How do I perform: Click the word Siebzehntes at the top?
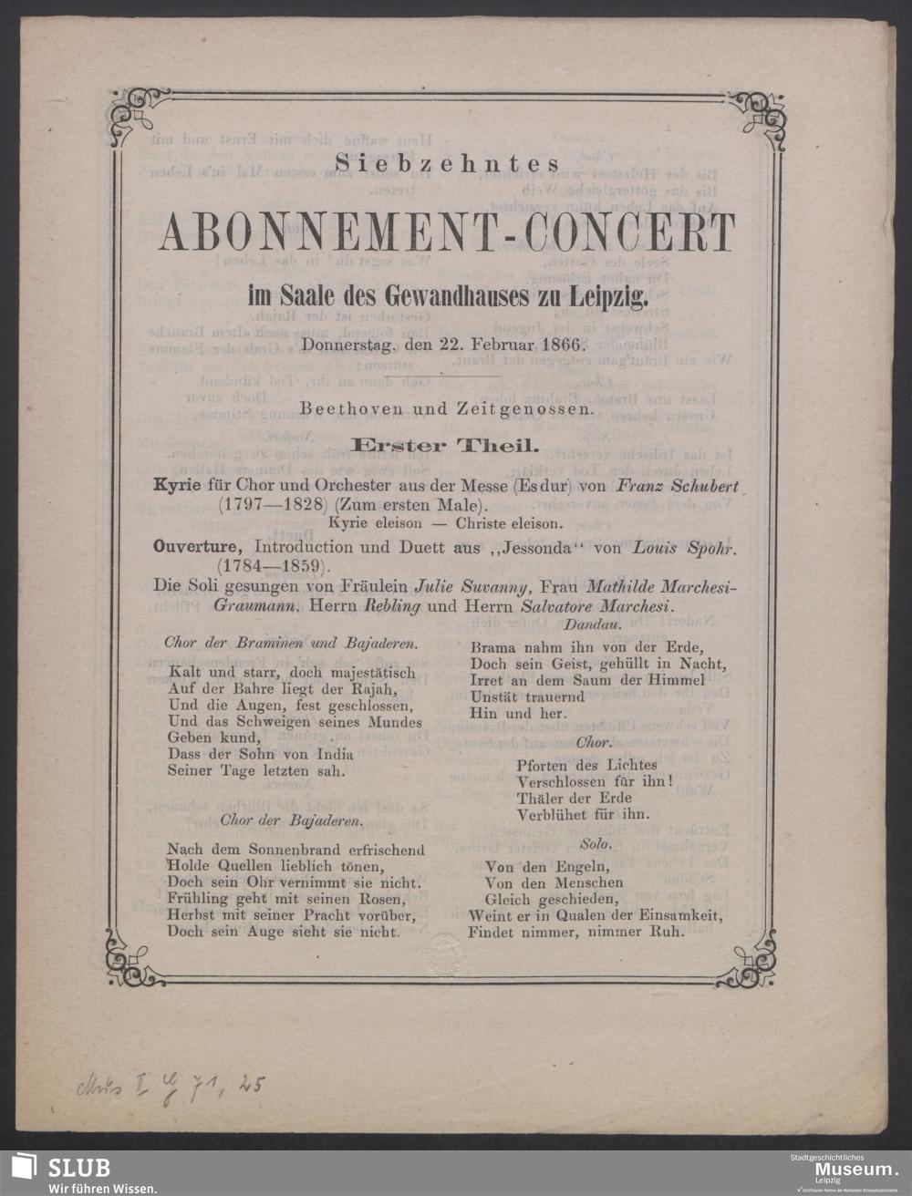[x=446, y=165]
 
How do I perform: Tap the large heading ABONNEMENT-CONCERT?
[x=447, y=233]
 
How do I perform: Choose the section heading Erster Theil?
[x=447, y=445]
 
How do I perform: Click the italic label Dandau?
[x=593, y=625]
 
